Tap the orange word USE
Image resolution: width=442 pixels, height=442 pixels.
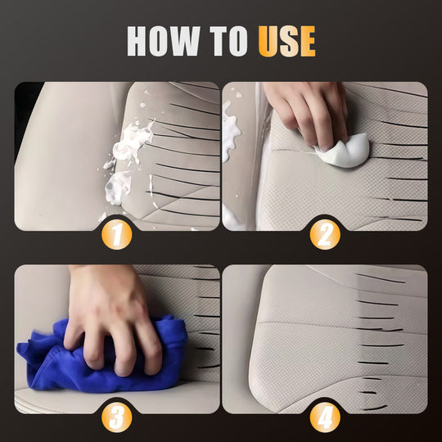pos(286,41)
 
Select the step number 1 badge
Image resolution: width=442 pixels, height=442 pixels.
pos(118,236)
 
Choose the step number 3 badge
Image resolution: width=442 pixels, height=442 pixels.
pos(118,418)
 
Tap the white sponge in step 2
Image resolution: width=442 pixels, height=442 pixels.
pos(349,151)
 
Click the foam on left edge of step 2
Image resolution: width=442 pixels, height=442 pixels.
pos(230,131)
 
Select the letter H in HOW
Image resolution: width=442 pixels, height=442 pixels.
pos(140,41)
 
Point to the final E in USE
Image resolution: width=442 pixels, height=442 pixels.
pos(306,41)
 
